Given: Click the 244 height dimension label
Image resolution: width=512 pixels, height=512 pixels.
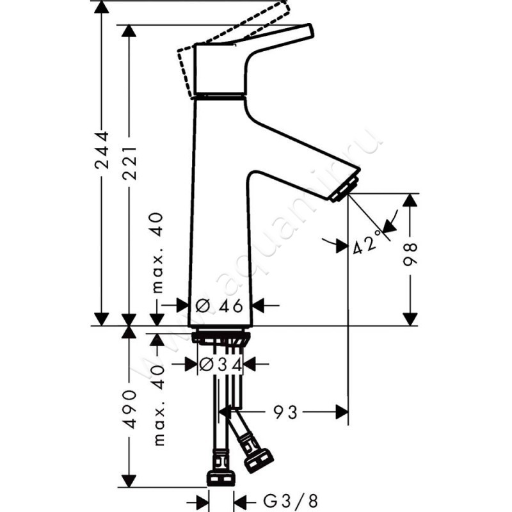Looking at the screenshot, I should pos(101,151).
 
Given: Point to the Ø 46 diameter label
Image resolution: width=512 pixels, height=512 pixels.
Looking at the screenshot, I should pos(220,306).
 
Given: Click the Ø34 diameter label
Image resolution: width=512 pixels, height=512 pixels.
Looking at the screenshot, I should pos(219,365).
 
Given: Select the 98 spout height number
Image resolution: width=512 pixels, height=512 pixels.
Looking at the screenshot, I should pos(410,255).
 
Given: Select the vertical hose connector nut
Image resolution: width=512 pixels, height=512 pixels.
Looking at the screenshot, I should pos(221,477).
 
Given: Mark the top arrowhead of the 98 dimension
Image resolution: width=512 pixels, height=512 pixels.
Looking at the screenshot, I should pos(410,200).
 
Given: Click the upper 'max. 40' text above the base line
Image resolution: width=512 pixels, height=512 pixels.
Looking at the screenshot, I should pos(159,253).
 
